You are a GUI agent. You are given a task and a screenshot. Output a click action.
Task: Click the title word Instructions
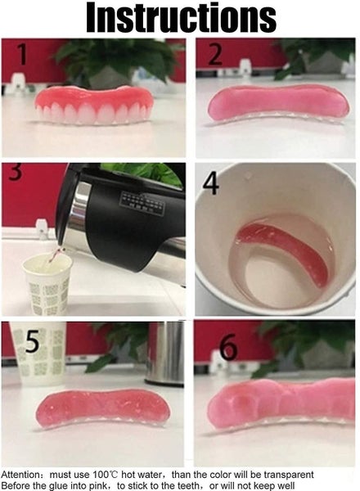(181, 17)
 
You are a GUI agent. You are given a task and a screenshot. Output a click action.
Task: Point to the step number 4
(211, 183)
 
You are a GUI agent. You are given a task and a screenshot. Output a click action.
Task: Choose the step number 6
(228, 348)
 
